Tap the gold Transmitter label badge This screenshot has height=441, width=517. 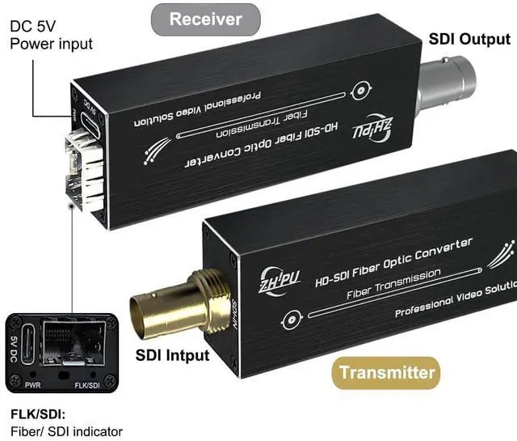(387, 373)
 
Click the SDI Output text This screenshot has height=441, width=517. (469, 39)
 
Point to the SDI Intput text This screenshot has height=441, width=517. (172, 354)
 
